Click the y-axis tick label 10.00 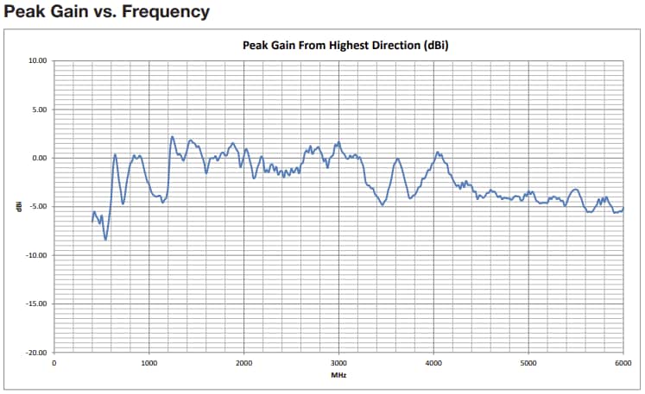coord(37,61)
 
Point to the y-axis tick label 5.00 coord(39,109)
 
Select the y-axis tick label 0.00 coord(39,158)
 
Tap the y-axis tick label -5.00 coord(38,207)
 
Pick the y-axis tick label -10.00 coord(36,255)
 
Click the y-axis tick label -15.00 coord(36,303)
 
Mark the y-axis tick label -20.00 coord(36,353)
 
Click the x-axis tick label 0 coord(54,363)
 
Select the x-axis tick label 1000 coord(149,363)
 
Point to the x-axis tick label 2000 coord(244,363)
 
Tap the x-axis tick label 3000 coord(339,363)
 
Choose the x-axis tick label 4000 coord(434,363)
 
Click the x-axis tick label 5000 coord(528,363)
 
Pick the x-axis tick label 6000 coord(623,363)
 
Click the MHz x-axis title coord(338,375)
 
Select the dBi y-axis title coord(19,207)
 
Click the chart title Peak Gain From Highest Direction coord(338,45)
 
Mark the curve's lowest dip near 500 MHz coord(105,239)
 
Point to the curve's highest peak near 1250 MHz coord(172,136)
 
